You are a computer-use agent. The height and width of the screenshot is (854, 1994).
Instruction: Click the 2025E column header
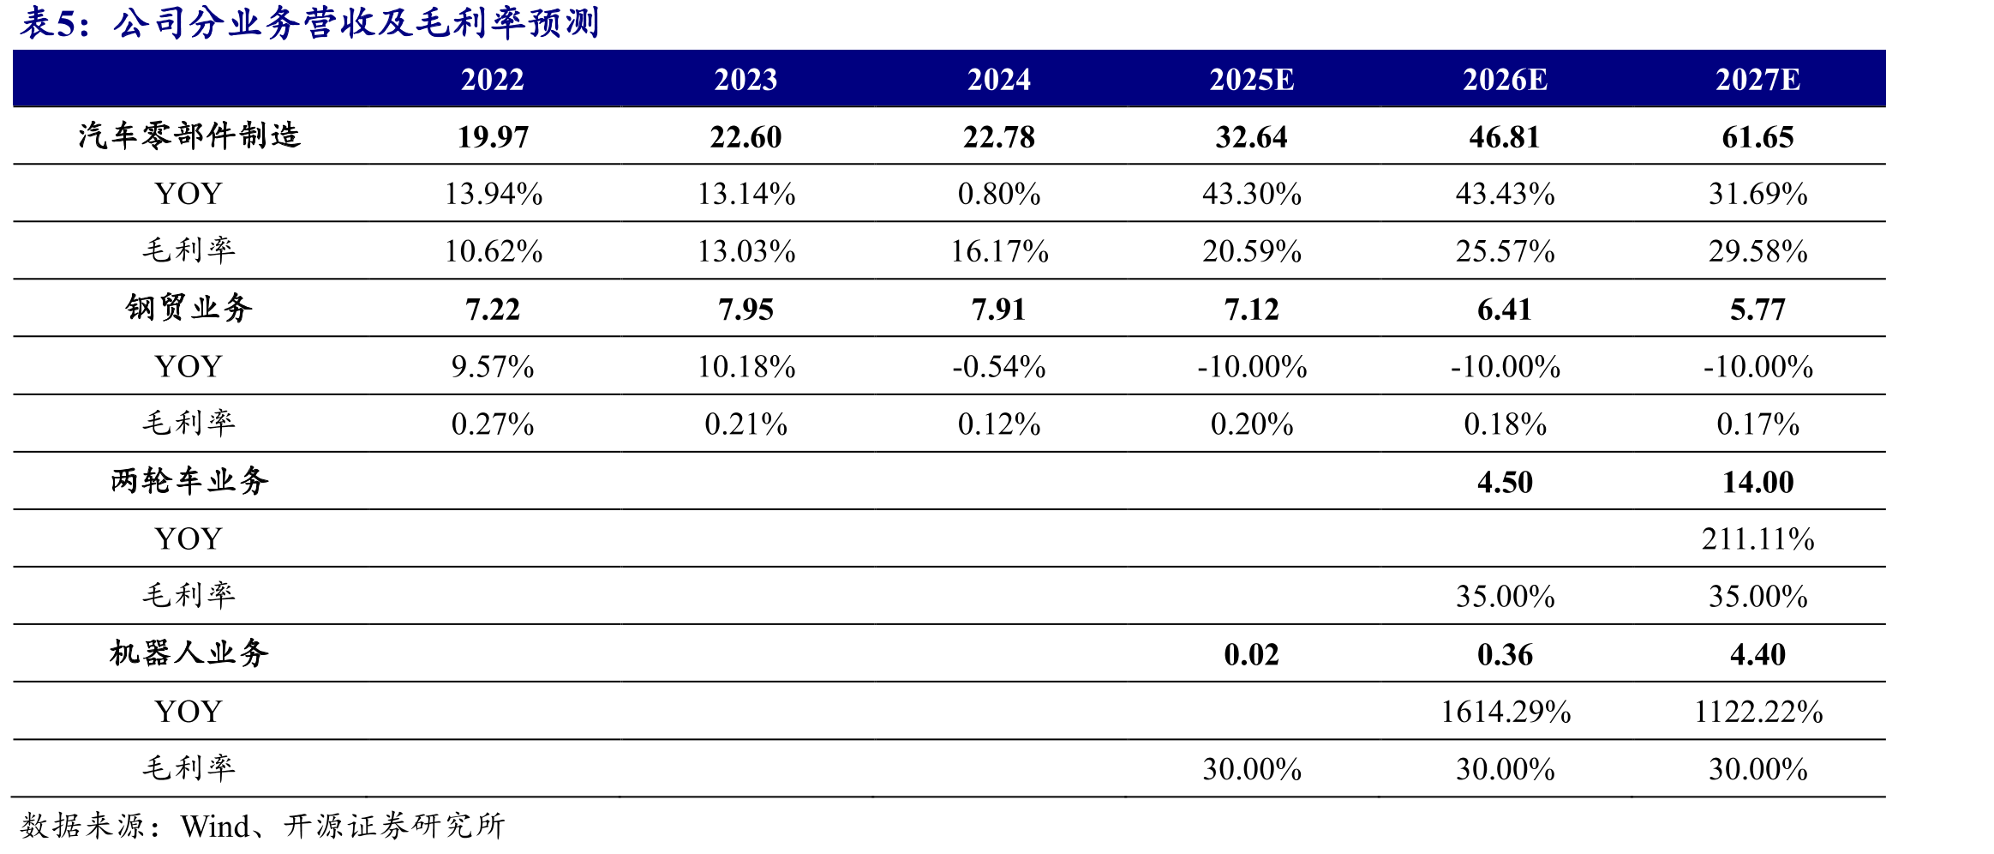pos(1251,80)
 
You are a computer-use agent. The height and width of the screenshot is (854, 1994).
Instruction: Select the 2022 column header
pos(493,80)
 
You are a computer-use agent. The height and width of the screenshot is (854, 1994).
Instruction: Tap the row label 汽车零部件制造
pos(189,135)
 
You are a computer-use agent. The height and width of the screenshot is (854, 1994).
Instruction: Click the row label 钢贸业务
pos(189,308)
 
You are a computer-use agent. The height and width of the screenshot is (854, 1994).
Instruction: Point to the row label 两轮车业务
pos(189,481)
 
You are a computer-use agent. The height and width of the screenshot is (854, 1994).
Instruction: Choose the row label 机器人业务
pos(189,653)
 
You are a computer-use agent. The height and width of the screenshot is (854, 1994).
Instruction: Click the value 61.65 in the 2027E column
pos(1757,137)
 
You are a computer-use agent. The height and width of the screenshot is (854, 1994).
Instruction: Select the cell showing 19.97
pos(493,137)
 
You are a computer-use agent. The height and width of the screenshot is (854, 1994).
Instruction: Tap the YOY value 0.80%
pos(999,195)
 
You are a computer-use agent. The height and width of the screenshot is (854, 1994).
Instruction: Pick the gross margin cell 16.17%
pos(999,252)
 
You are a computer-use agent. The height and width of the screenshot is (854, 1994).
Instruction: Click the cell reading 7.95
pos(746,310)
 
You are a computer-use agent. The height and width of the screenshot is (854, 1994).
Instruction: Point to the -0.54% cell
pos(999,367)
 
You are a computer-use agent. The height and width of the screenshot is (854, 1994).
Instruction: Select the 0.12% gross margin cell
pos(999,424)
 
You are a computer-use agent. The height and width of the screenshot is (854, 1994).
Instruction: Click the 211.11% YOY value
pos(1757,539)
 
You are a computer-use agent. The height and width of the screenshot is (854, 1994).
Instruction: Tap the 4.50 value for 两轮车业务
pos(1505,482)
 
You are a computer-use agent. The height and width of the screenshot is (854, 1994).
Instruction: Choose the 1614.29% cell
pos(1505,712)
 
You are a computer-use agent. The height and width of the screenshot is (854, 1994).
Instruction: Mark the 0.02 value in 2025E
pos(1251,655)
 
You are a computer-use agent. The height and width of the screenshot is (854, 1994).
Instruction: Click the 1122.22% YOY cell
pos(1757,712)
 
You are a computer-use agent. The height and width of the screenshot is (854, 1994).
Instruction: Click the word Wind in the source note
pos(215,827)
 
